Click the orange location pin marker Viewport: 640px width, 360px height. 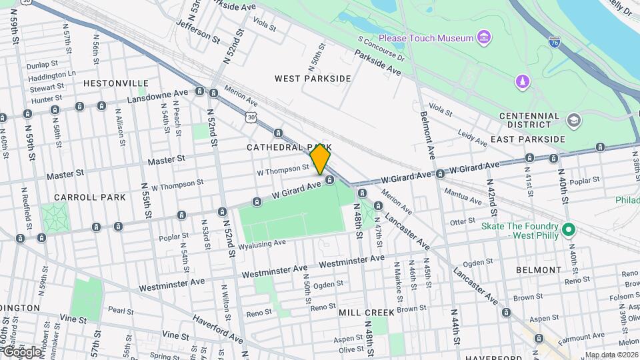pyautogui.click(x=320, y=160)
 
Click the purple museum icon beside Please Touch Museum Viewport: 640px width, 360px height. pyautogui.click(x=484, y=37)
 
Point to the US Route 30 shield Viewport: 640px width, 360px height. pyautogui.click(x=250, y=116)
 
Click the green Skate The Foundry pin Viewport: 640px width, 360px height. pyautogui.click(x=568, y=230)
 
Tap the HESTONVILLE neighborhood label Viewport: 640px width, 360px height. pyautogui.click(x=116, y=83)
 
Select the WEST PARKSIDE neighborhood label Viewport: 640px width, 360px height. pyautogui.click(x=313, y=79)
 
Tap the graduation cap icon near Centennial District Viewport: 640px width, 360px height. pyautogui.click(x=573, y=121)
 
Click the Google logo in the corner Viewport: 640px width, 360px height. pyautogui.click(x=21, y=351)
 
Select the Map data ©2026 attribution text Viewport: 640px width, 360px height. pyautogui.click(x=611, y=355)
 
